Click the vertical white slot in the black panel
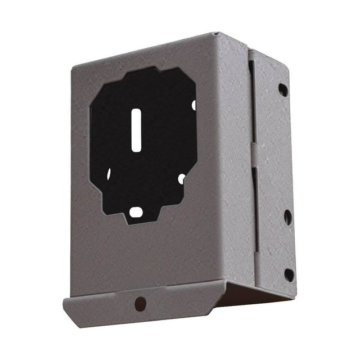tap(136, 130)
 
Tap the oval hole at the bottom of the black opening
tap(136, 212)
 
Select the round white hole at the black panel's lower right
tap(181, 179)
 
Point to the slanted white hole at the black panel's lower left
tap(109, 174)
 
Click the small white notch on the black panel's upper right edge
tap(193, 105)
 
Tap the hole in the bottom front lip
tap(140, 304)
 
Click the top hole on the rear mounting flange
tap(282, 89)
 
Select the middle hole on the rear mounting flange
tap(287, 217)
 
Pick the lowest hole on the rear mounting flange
tap(289, 275)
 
